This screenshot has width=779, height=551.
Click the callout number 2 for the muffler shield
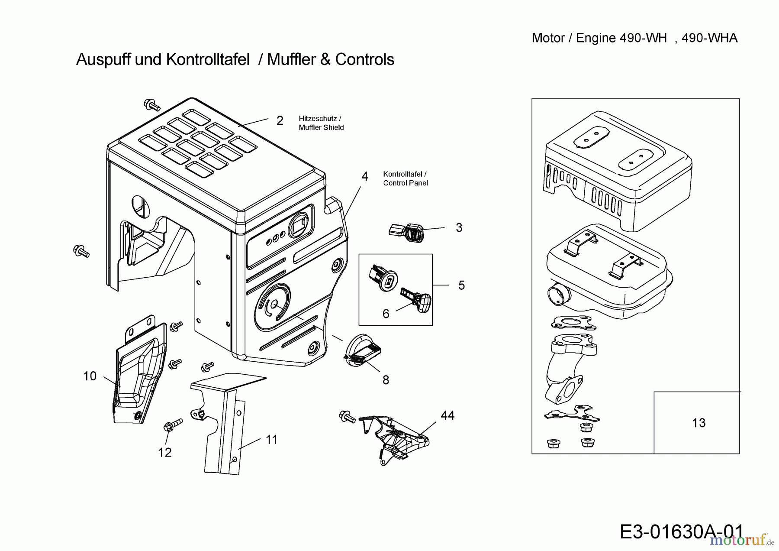click(280, 121)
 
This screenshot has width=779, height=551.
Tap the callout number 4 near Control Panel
click(365, 177)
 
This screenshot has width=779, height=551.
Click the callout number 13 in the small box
click(699, 423)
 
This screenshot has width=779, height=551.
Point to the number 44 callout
click(447, 415)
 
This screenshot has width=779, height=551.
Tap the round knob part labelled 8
click(362, 350)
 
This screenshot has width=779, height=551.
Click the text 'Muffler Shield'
click(321, 127)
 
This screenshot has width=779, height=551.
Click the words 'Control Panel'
click(406, 183)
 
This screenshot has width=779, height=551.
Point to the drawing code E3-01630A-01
click(682, 532)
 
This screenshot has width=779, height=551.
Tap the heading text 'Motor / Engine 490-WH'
click(599, 38)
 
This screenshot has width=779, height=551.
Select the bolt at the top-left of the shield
click(151, 104)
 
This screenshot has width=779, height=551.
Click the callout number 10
click(90, 376)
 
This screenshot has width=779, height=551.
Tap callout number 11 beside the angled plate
click(271, 440)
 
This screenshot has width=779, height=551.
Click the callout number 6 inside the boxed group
click(386, 314)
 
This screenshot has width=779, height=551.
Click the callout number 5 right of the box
click(461, 285)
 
